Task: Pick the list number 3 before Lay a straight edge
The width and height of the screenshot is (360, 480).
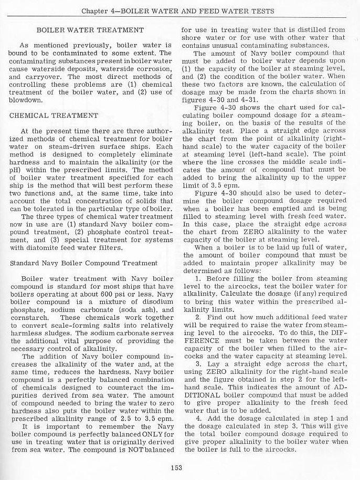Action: pyautogui.click(x=196, y=363)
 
